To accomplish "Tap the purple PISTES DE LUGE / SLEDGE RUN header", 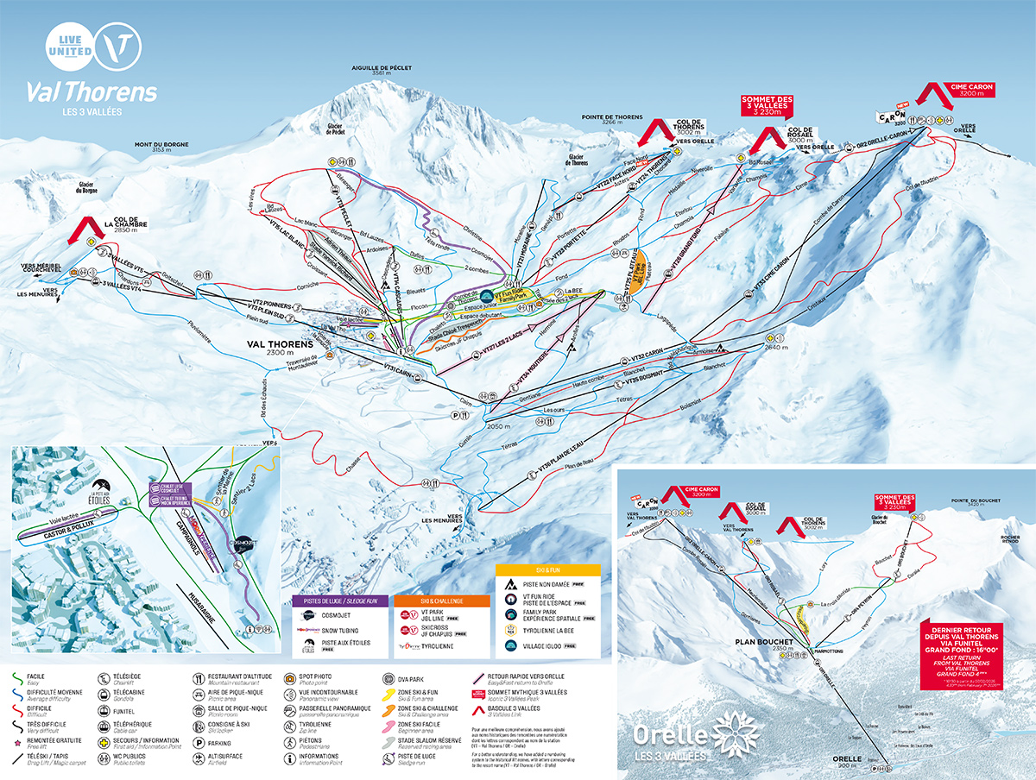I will pyautogui.click(x=340, y=600).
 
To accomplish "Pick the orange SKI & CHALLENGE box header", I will pyautogui.click(x=440, y=600).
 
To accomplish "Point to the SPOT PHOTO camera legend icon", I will pyautogui.click(x=290, y=677).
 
